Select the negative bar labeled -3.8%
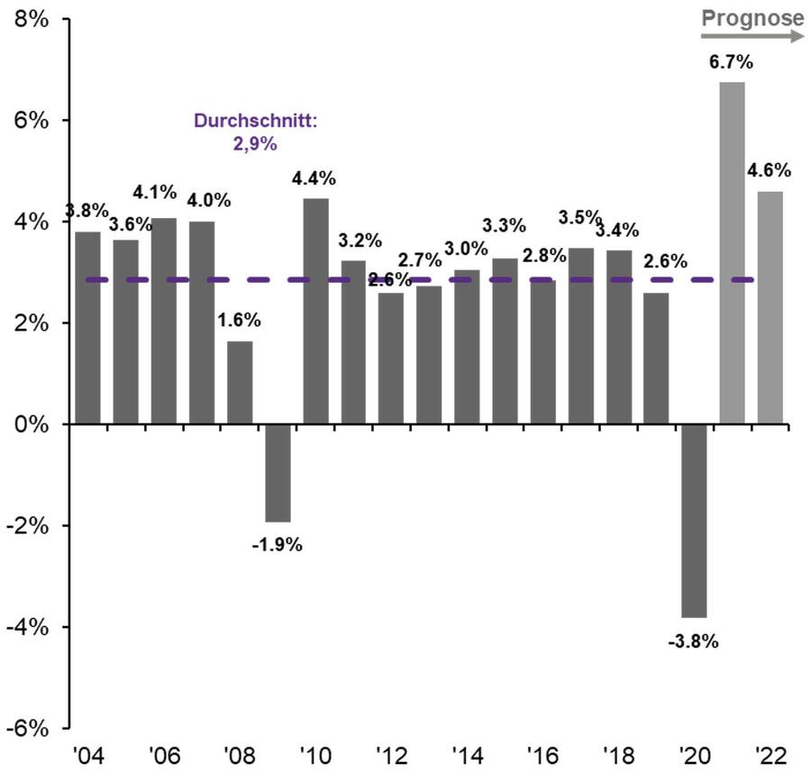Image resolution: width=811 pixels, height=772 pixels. pyautogui.click(x=694, y=520)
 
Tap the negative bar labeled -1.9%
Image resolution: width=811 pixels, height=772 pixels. pyautogui.click(x=278, y=472)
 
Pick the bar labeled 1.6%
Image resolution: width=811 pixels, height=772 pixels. pyautogui.click(x=240, y=382)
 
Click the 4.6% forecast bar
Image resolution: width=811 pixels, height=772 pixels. pyautogui.click(x=770, y=306)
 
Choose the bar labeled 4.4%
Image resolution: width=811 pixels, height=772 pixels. pyautogui.click(x=315, y=311)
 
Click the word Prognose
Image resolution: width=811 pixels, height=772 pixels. pyautogui.click(x=752, y=17)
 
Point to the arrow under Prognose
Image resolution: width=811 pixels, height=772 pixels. pyautogui.click(x=752, y=36)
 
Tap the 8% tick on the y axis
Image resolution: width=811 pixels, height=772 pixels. pyautogui.click(x=32, y=20)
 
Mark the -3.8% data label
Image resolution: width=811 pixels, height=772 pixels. pyautogui.click(x=693, y=641)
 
